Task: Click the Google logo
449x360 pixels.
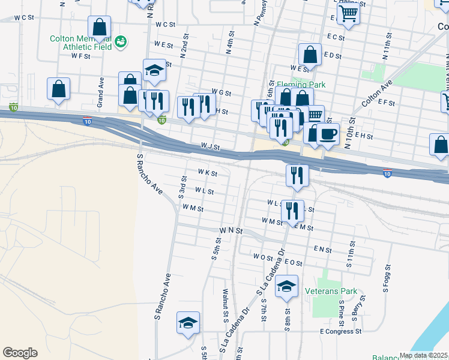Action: [x=20, y=353]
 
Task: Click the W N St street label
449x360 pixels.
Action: [x=231, y=230]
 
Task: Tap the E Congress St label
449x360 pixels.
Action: [x=341, y=331]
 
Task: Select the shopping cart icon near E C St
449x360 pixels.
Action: [x=348, y=13]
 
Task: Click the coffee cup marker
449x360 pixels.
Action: [x=327, y=134]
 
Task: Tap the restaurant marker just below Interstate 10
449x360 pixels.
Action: [x=297, y=175]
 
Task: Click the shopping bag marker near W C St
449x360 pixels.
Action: [x=99, y=28]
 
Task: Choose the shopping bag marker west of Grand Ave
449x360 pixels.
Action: [x=58, y=89]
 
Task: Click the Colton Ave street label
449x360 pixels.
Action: [x=377, y=93]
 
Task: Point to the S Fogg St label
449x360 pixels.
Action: [x=387, y=279]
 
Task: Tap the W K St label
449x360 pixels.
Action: [x=206, y=173]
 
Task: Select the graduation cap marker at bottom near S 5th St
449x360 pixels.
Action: [x=188, y=323]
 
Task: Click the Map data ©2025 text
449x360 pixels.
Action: [x=424, y=355]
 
